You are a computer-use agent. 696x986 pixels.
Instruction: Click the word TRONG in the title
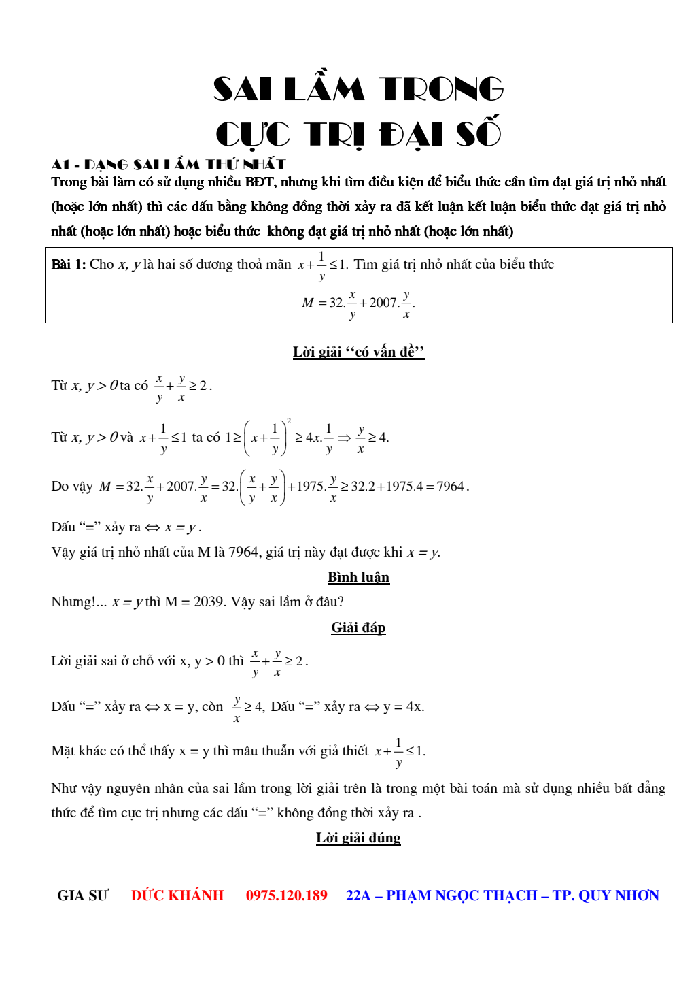441,89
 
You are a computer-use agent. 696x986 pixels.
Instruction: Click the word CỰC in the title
253,133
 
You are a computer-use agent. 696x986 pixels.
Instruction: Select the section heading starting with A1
168,164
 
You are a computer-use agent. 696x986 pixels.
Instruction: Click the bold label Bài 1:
69,265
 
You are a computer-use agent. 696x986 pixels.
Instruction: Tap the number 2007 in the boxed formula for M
383,302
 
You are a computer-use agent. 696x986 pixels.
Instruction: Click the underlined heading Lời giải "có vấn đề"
358,352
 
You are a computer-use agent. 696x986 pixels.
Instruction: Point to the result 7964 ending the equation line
451,487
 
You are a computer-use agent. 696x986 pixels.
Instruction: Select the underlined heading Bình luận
358,578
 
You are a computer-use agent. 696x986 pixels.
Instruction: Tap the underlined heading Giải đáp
358,627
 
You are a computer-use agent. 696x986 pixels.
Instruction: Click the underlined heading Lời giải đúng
358,838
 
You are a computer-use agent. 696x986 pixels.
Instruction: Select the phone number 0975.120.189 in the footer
286,895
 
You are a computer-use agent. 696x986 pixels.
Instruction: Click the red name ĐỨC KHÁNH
177,895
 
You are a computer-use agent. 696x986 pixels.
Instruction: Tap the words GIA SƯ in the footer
82,895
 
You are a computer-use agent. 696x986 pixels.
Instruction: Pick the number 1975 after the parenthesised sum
311,487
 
